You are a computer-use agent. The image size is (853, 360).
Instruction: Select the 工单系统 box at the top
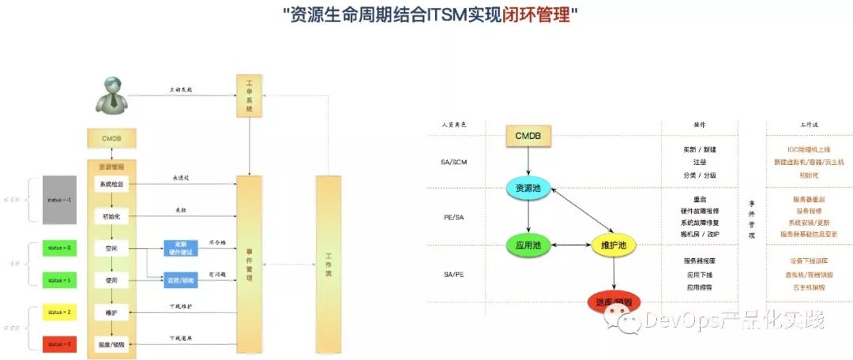[249, 96]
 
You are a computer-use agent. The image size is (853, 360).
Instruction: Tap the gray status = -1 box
[59, 200]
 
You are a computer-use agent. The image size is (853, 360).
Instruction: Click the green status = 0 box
[59, 248]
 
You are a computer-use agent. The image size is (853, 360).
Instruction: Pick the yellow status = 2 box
[59, 313]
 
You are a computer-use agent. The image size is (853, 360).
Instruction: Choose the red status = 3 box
[59, 345]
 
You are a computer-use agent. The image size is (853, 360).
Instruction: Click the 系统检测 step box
[111, 184]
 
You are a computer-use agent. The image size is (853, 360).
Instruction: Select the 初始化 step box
[111, 216]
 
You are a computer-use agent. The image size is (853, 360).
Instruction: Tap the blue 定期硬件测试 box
[181, 248]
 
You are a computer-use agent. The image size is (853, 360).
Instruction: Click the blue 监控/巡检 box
[181, 279]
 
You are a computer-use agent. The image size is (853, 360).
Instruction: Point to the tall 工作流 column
[328, 260]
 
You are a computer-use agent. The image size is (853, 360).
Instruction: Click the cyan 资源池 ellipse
[528, 189]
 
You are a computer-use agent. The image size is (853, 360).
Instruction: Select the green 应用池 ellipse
[528, 246]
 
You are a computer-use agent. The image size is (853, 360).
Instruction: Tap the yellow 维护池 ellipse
[614, 246]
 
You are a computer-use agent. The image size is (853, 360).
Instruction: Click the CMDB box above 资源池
[528, 137]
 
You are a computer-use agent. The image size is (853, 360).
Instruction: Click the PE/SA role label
[455, 216]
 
